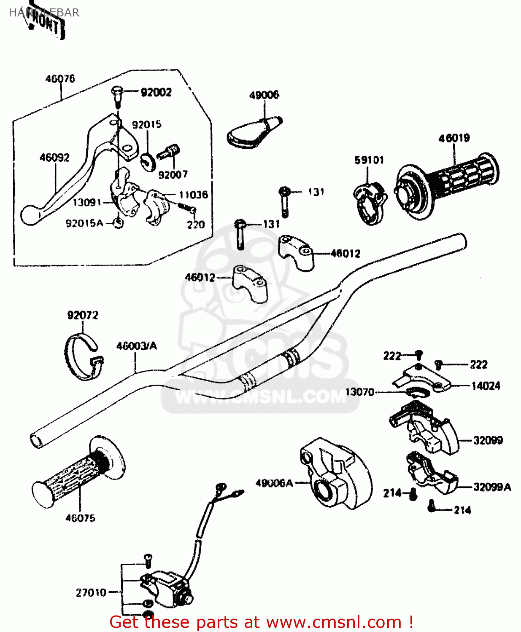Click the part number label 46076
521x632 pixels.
click(60, 79)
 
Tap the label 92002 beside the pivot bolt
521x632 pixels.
click(156, 92)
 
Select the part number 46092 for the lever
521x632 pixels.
click(54, 158)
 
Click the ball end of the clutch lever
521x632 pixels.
click(30, 215)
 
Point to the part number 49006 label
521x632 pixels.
click(264, 95)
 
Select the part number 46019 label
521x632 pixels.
click(454, 138)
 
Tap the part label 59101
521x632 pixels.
click(369, 160)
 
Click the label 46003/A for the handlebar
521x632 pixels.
click(136, 346)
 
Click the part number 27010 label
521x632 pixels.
click(91, 593)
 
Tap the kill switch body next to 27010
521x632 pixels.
click(167, 588)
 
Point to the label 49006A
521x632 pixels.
click(274, 483)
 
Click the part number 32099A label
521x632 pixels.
click(492, 487)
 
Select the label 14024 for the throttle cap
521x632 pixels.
click(486, 386)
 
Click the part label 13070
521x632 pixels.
click(359, 392)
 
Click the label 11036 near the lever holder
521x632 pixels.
click(193, 195)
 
